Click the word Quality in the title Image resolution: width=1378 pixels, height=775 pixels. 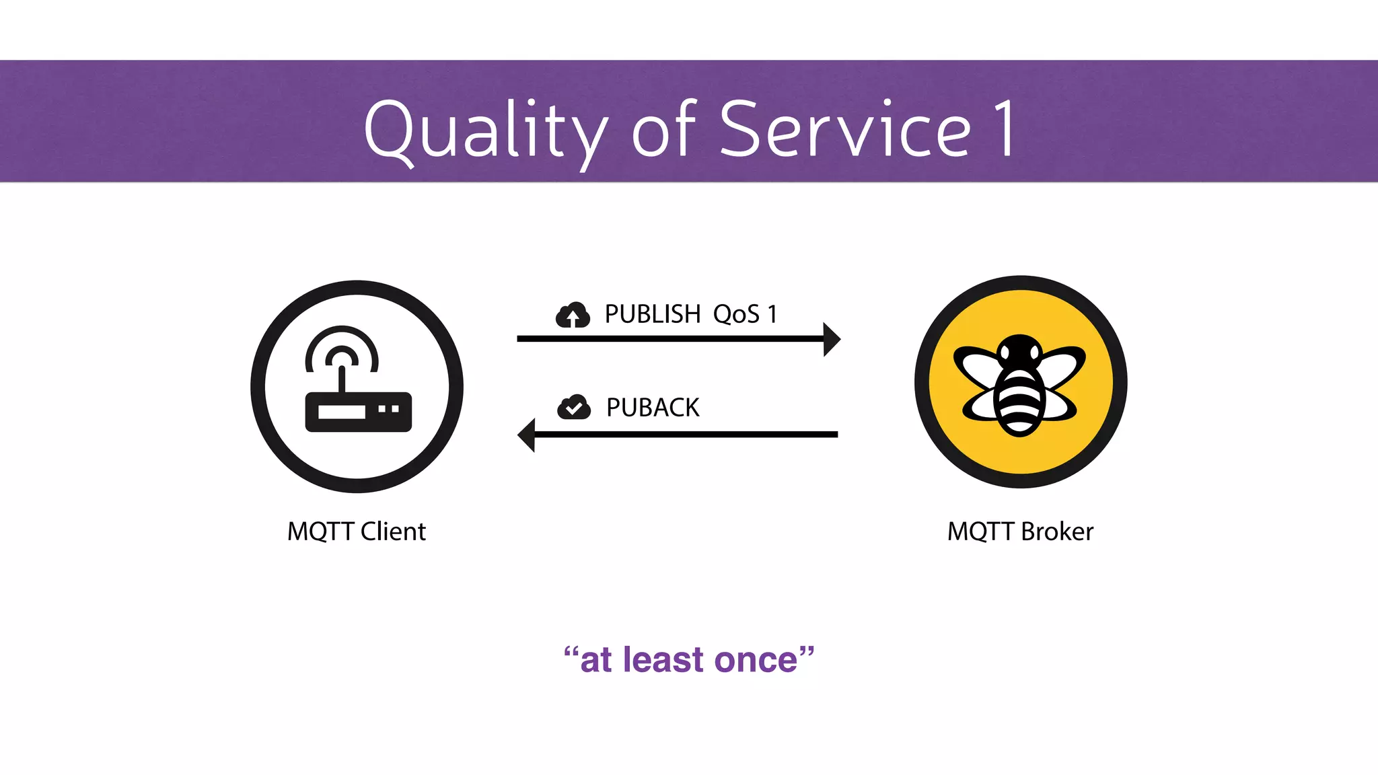[484, 131]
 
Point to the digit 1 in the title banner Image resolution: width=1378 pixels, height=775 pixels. [1004, 129]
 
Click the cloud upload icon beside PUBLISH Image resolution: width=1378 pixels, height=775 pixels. [573, 315]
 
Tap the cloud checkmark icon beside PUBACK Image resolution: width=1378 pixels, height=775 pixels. [574, 407]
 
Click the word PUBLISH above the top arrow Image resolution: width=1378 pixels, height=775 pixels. [653, 314]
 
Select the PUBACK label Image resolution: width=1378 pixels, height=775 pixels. [653, 408]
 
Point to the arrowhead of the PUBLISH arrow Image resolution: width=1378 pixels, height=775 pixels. [832, 339]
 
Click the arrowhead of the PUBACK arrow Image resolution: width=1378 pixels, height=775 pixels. [526, 435]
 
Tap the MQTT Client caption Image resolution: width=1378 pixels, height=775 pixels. [357, 531]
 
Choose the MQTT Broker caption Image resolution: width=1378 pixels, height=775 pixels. [1020, 531]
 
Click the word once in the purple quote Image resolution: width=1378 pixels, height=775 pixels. [755, 660]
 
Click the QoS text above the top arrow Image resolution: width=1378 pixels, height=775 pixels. [736, 314]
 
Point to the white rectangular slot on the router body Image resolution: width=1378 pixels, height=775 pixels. [341, 411]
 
